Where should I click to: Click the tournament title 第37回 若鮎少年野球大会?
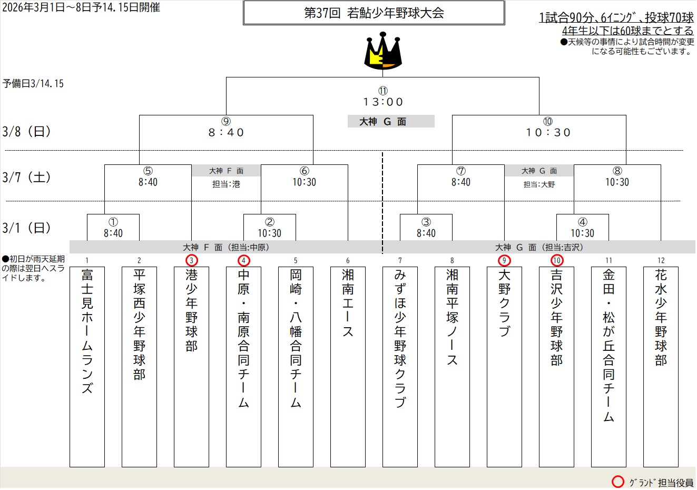point(374,13)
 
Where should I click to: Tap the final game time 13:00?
point(383,102)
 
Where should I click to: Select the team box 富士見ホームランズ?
point(87,366)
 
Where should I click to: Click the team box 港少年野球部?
point(191,366)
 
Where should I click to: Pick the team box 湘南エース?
point(348,366)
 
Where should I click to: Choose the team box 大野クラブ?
point(504,366)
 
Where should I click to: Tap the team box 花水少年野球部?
point(661,366)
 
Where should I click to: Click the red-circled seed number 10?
point(557,260)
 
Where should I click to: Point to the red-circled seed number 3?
point(191,260)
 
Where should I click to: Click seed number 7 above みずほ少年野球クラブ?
point(400,260)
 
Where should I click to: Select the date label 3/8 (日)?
point(27,132)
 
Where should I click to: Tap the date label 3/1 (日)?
point(27,228)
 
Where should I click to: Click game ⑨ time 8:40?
point(226,133)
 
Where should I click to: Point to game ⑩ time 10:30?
point(548,133)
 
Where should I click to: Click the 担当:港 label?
point(226,184)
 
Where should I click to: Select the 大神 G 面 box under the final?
point(391,122)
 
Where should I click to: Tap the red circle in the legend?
point(617,482)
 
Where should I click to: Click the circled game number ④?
point(582,222)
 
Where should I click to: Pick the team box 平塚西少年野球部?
point(139,366)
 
